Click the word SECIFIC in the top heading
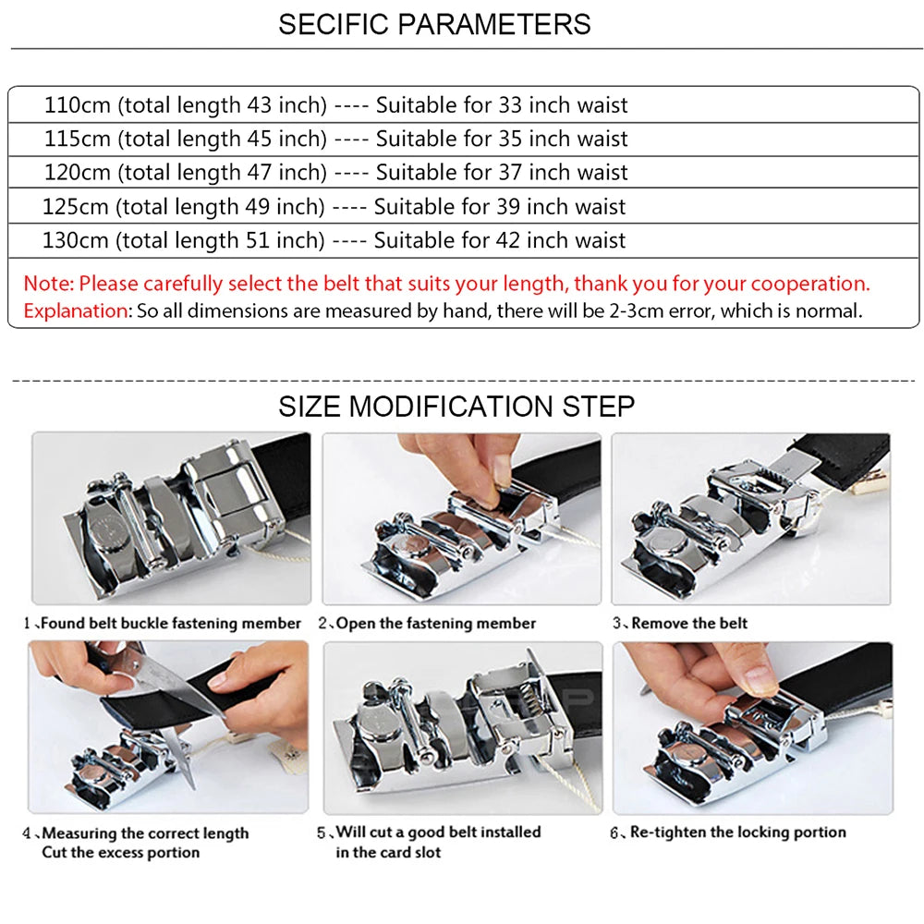click(x=334, y=25)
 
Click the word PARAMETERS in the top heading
click(x=493, y=25)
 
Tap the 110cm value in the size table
click(x=78, y=105)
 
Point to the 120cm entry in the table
click(x=78, y=172)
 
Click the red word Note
click(x=49, y=284)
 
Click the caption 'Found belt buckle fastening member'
click(x=171, y=624)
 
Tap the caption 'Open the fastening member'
click(x=436, y=624)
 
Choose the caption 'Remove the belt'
click(x=689, y=624)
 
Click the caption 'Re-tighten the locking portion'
click(x=737, y=833)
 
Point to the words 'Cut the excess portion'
click(x=121, y=852)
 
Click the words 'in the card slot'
click(x=388, y=852)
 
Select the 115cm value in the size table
click(x=78, y=139)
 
